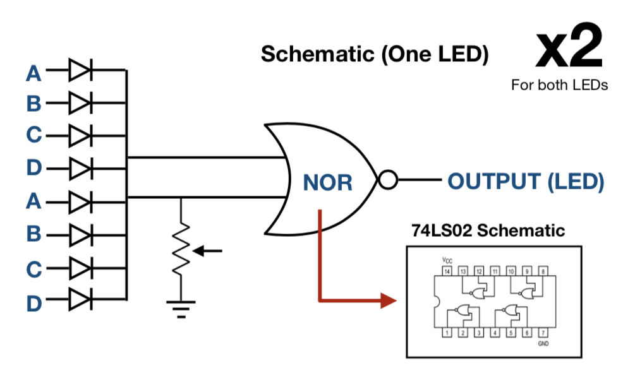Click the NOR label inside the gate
[x=328, y=182]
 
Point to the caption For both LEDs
[x=559, y=85]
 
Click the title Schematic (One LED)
[x=375, y=54]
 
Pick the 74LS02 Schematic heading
[x=488, y=230]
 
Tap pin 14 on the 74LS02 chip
[x=447, y=271]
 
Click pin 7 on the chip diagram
[x=543, y=332]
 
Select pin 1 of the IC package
[x=447, y=332]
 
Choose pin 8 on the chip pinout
[x=543, y=271]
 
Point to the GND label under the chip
[x=542, y=344]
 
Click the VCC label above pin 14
[x=447, y=259]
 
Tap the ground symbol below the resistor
[x=181, y=307]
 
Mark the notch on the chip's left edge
[x=435, y=302]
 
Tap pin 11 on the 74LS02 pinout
[x=495, y=271]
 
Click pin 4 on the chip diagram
[x=495, y=332]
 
